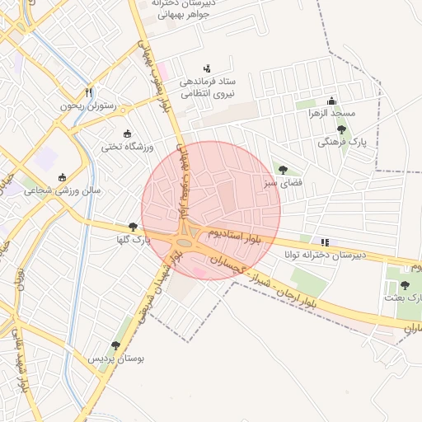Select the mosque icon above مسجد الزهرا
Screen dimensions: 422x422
pyautogui.click(x=331, y=100)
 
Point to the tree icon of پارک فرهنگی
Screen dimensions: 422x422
pyautogui.click(x=342, y=129)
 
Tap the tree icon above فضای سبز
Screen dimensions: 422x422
pyautogui.click(x=284, y=170)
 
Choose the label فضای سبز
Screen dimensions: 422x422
pyautogui.click(x=282, y=183)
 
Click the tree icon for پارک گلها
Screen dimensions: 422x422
pyautogui.click(x=134, y=227)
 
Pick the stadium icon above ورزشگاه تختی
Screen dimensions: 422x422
pyautogui.click(x=127, y=134)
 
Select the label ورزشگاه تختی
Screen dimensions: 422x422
pyautogui.click(x=122, y=147)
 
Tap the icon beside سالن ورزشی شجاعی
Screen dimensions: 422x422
pyautogui.click(x=62, y=176)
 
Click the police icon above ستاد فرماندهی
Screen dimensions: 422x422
pyautogui.click(x=206, y=68)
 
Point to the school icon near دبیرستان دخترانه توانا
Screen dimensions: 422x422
pyautogui.click(x=326, y=242)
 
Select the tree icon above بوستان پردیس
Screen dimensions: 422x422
pyautogui.click(x=115, y=345)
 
